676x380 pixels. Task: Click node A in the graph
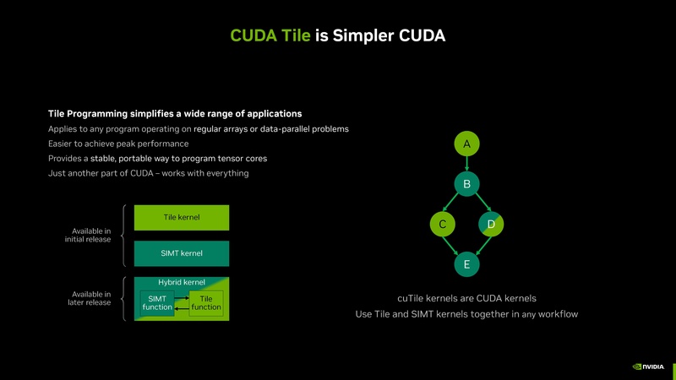(466, 144)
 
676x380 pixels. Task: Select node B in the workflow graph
(466, 183)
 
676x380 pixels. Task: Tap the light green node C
(442, 224)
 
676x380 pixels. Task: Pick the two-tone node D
(491, 224)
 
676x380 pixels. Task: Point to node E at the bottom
(466, 264)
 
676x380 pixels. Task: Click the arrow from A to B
(466, 164)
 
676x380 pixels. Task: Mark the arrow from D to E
(479, 244)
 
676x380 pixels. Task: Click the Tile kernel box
(182, 218)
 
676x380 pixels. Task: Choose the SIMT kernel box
(182, 253)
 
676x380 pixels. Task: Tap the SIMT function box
(156, 303)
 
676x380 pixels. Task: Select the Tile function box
(206, 303)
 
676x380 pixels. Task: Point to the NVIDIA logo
(648, 366)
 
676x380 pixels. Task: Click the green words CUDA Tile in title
(271, 35)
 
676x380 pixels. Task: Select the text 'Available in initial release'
(89, 235)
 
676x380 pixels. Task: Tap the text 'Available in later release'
(89, 298)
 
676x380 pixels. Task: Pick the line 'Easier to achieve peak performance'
(118, 144)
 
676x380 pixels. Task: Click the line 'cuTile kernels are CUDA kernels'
(466, 298)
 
